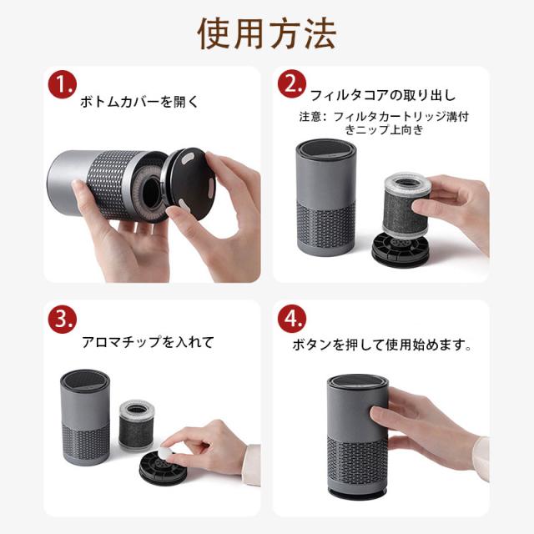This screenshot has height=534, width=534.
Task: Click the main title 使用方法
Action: coord(267,33)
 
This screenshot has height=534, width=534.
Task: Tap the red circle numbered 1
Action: coord(63,84)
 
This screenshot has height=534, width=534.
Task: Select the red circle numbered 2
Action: coord(292,83)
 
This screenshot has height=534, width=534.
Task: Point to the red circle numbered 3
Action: coord(63,319)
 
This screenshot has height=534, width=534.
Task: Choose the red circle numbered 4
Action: coord(292,319)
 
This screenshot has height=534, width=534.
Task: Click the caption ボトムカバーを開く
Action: coord(139,102)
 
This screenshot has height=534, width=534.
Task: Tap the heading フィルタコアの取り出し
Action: coord(383,95)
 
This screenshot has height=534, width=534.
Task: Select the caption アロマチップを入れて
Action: coord(149,342)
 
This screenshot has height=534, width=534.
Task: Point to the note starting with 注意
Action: coord(384,123)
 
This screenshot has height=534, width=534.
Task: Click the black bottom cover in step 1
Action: coord(189,184)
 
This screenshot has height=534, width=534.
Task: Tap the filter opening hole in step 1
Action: coord(151,193)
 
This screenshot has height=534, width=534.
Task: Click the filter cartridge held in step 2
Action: coord(406,204)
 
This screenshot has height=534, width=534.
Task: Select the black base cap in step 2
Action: coord(400,249)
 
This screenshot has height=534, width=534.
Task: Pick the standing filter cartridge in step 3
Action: coord(137,425)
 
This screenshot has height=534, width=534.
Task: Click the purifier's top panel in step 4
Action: coord(358,381)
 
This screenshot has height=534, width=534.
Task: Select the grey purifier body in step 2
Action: coord(326,198)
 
